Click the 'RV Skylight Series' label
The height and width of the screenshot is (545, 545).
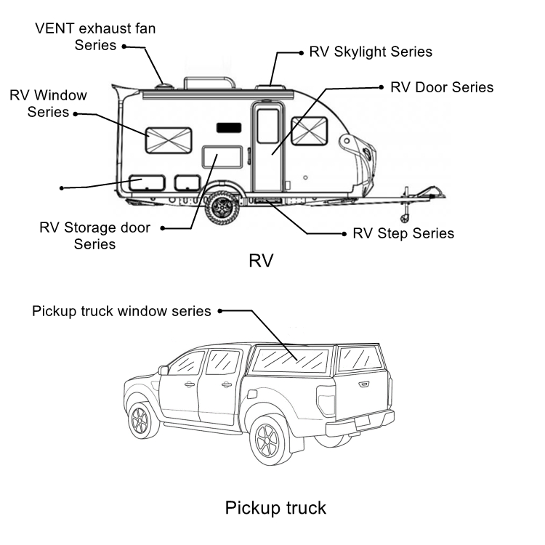(371, 52)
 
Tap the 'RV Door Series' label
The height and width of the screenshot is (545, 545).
(442, 87)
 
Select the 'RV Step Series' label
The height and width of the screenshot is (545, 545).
(403, 233)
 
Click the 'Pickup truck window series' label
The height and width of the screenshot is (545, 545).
(121, 311)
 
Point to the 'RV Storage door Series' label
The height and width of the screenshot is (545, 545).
(95, 235)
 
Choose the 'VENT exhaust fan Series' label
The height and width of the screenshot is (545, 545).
(95, 37)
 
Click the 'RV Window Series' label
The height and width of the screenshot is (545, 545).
(48, 104)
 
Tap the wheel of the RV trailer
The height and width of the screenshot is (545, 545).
(222, 208)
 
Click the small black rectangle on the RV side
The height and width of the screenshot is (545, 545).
(229, 128)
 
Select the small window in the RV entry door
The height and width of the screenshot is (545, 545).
(267, 126)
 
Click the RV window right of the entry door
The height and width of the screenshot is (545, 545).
(309, 131)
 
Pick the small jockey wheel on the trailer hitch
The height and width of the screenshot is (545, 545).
(404, 219)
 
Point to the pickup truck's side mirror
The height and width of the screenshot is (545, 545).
(163, 370)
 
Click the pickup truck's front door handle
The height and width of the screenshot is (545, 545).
(189, 384)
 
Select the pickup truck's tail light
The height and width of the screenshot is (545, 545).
(326, 400)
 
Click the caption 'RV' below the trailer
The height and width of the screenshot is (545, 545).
(261, 260)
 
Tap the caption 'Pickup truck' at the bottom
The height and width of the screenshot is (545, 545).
(275, 508)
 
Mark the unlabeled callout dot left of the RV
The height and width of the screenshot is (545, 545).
(62, 188)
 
